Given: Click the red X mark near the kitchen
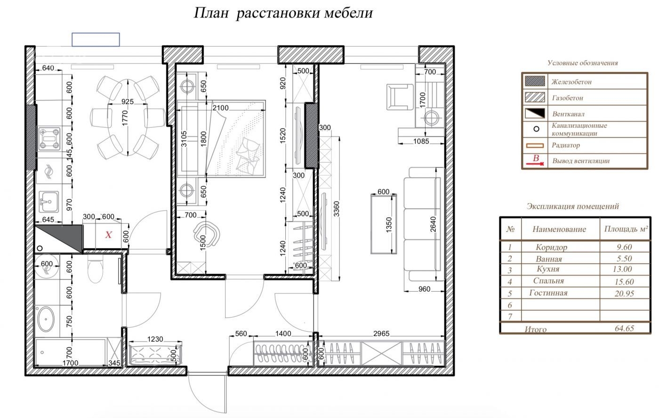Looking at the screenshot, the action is pos(109,235).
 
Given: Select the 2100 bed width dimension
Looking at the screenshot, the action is pos(221,108).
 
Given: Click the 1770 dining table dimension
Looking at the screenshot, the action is pos(125,118).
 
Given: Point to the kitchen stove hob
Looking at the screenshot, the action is pos(49,139).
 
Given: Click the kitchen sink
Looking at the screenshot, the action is pos(48,202).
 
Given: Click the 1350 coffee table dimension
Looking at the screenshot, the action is pos(389,224).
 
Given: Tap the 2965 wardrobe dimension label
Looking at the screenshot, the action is pos(381,334).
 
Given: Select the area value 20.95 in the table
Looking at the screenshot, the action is pos(624,294).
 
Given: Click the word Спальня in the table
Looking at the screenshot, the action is pos(548,281).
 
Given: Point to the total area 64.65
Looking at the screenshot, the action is pos(624,328).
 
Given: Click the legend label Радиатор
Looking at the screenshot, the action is pos(566,145).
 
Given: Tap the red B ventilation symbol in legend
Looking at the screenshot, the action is pos(535,160).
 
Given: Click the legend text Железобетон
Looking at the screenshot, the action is pos(571,82).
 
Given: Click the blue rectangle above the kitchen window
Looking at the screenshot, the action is pos(96,40).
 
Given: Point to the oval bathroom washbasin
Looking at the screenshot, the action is pos(46,319).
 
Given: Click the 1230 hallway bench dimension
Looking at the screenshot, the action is pos(155,339).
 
